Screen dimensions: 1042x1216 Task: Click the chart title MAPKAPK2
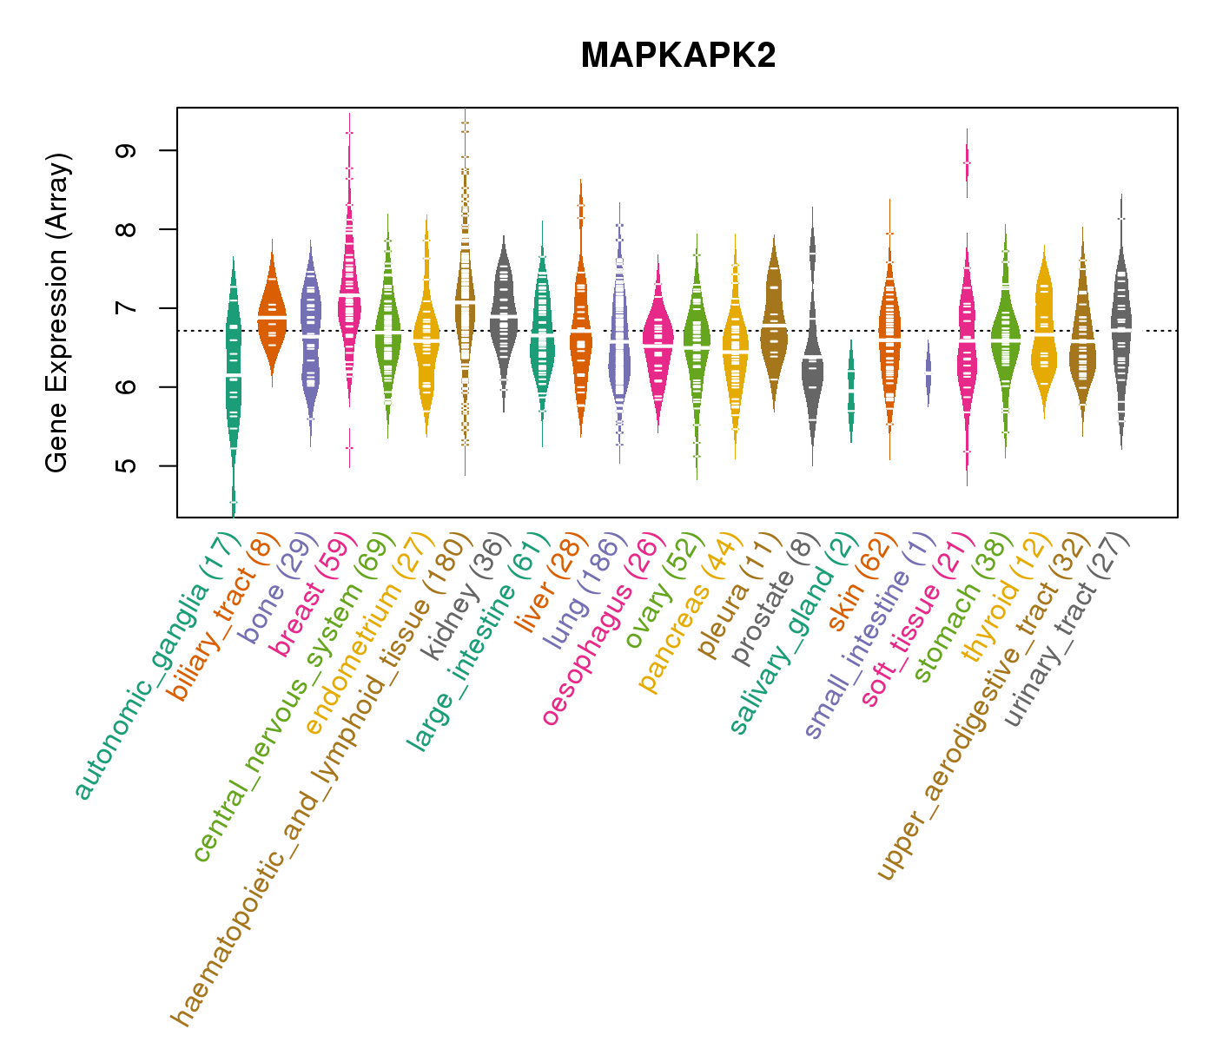point(677,56)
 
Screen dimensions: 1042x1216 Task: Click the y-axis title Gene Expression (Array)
point(57,313)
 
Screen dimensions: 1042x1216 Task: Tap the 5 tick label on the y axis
point(128,465)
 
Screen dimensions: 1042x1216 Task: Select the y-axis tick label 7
point(128,308)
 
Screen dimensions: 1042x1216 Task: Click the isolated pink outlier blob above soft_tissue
point(967,163)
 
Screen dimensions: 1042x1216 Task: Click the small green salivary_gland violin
point(851,391)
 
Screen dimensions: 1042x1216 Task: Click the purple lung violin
point(619,339)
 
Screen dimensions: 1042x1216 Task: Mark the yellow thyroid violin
point(1044,330)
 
